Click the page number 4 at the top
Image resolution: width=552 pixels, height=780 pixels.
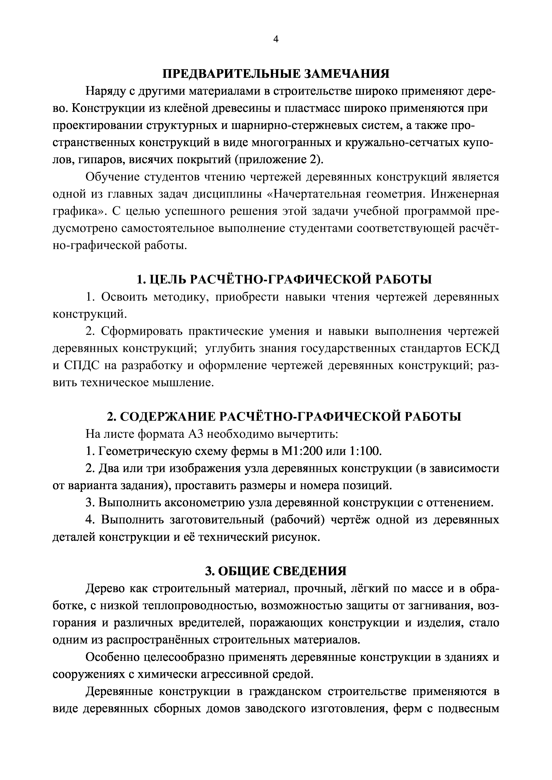[276, 40]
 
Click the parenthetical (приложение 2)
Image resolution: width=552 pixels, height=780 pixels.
[278, 160]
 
